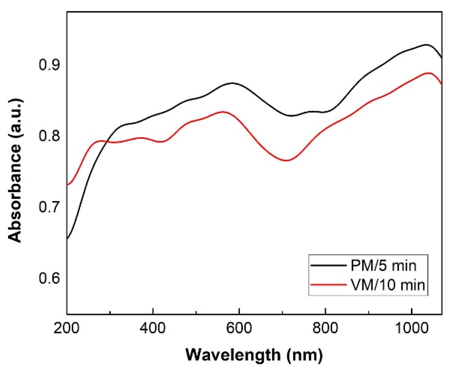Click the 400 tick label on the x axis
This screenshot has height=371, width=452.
tap(153, 329)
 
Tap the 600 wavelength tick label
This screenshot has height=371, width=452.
tap(239, 329)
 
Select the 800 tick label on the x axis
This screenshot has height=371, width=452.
tap(326, 329)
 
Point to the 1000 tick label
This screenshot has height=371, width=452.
tap(411, 329)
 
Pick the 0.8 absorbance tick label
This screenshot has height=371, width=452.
tap(50, 136)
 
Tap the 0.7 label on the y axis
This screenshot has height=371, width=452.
tap(50, 207)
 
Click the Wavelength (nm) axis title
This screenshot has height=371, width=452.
tap(254, 355)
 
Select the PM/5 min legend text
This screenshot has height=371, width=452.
tap(383, 266)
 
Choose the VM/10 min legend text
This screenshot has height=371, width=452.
tap(388, 285)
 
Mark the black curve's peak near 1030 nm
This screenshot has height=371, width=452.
tap(426, 44)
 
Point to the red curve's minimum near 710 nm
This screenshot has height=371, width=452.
tap(287, 160)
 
